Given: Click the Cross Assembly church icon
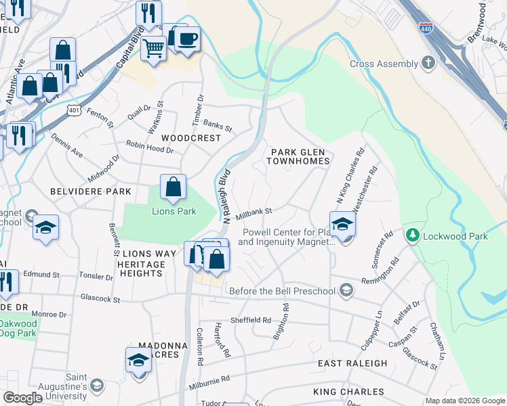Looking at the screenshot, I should click(x=428, y=64).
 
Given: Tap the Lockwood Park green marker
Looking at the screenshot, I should click(x=411, y=236).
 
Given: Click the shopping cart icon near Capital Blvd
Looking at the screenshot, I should click(x=153, y=48).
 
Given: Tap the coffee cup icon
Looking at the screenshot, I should click(x=188, y=38).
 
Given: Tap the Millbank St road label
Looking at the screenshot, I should click(x=254, y=212).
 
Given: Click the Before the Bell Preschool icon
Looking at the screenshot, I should click(x=346, y=291).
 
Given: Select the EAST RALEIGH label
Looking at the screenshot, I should click(x=353, y=363).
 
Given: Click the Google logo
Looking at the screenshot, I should click(x=22, y=398).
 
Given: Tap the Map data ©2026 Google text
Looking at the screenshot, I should click(x=464, y=401).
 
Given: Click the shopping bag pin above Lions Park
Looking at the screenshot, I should click(x=173, y=187).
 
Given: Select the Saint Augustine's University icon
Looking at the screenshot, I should click(x=97, y=385).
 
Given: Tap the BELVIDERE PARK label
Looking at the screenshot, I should click(x=91, y=191).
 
